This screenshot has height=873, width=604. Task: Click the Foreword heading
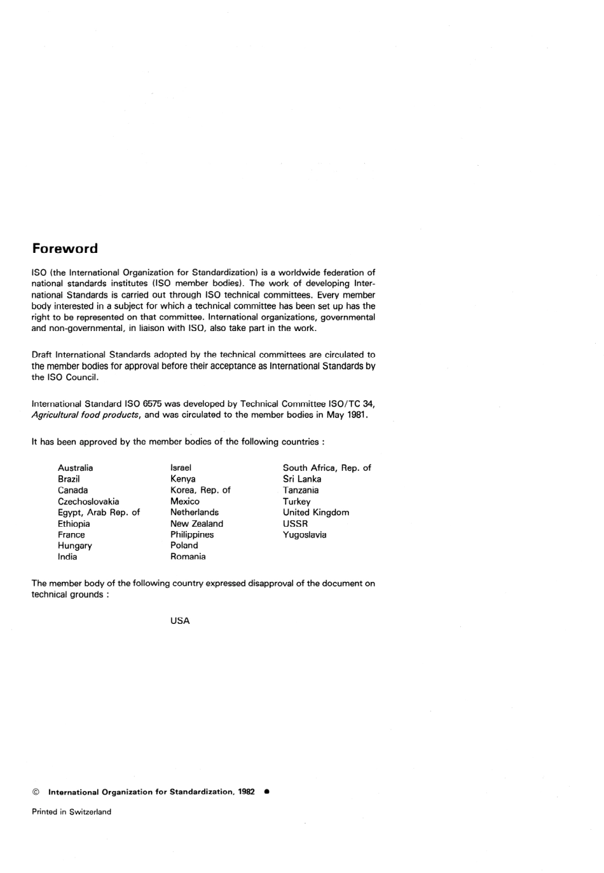65,248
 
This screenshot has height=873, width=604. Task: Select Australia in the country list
75,468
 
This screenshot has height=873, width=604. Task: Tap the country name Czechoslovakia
88,501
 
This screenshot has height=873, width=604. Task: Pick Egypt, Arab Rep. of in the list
99,512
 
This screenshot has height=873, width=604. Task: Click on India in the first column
67,557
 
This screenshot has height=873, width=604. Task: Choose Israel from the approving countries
181,468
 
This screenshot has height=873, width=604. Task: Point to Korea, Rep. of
200,490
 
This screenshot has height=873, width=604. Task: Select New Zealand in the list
196,524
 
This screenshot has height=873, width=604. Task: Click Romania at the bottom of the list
188,557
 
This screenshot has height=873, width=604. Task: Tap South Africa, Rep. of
327,468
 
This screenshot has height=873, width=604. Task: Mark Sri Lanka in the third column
302,479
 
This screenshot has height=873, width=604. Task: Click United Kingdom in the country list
316,512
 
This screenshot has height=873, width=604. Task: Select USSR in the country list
295,524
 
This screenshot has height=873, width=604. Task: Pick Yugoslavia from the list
305,534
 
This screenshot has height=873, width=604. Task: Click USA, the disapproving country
180,621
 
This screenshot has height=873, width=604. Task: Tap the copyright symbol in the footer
36,792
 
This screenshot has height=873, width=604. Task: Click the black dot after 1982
266,792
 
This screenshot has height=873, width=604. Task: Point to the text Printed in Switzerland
71,811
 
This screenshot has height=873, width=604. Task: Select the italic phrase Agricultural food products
85,415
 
